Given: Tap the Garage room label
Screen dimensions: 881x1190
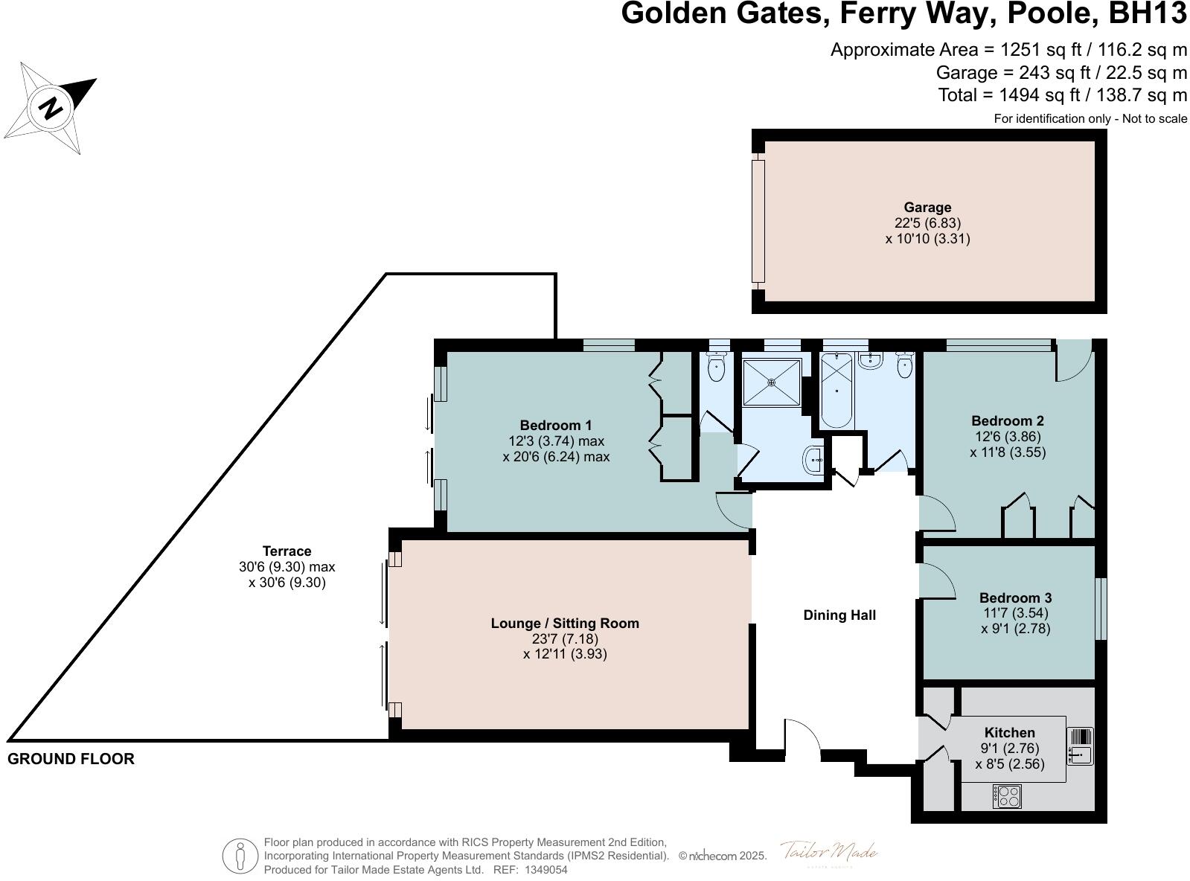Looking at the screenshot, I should pos(927,208).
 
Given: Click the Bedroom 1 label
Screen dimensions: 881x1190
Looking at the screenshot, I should pos(555,425).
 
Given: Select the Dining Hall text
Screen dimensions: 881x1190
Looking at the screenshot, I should pos(839,615).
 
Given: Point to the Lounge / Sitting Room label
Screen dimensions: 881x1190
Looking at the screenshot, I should pos(565,623).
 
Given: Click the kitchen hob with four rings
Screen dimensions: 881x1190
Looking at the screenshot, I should pos(1007,796).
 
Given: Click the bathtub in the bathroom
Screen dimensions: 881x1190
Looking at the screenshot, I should pos(836,390).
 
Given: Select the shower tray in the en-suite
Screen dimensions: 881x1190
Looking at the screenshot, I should pos(772,382).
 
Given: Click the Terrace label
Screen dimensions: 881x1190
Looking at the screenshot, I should pos(287,551).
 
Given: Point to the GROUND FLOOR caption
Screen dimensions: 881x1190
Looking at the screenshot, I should pos(71,759).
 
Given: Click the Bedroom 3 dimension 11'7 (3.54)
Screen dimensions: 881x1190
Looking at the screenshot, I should pos(1015,613).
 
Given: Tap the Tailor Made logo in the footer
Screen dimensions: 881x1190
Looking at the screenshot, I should pos(829,852).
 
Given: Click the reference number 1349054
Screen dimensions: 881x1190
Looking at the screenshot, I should pos(546,869).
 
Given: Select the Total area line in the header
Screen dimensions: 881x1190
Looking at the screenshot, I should pos(1062,95).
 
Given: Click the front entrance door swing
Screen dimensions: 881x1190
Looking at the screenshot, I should pos(802,738).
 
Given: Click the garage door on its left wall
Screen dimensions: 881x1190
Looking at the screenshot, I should pos(758,221).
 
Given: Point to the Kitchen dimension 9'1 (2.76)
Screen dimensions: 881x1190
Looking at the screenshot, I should pos(1009,748).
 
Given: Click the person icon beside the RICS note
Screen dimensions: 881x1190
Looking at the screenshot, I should pos(240,856).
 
